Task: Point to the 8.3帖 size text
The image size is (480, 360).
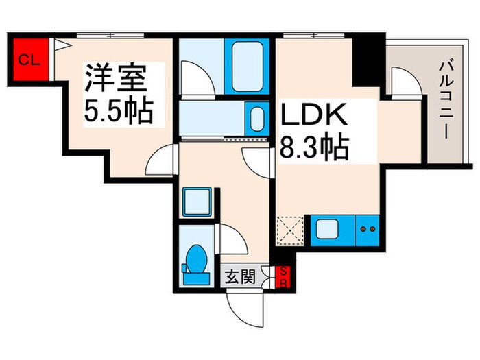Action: pyautogui.click(x=314, y=146)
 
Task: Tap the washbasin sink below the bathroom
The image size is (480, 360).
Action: pyautogui.click(x=256, y=118)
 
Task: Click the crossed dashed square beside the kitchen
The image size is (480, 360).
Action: pyautogui.click(x=290, y=230)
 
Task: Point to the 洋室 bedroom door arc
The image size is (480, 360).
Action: pyautogui.click(x=163, y=161)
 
